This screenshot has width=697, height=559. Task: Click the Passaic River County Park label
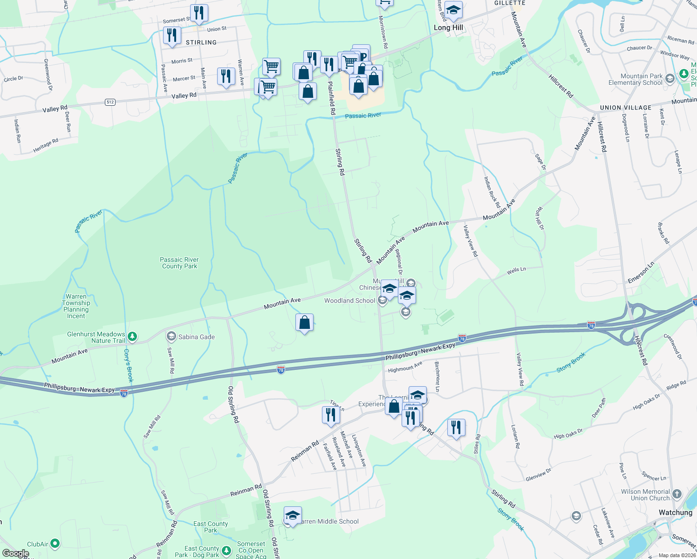point(179,263)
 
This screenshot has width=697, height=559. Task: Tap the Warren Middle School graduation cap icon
point(293,515)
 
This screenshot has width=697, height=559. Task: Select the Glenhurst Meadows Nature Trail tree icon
point(133,336)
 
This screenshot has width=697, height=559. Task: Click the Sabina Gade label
point(196,337)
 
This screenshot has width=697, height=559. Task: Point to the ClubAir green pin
point(55,543)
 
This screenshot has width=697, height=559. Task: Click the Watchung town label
point(675,512)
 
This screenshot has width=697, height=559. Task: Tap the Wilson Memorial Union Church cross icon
point(677,494)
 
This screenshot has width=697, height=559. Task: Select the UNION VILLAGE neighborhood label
point(625,108)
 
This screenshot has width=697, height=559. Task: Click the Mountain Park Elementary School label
point(641,79)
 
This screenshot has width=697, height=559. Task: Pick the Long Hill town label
point(448,27)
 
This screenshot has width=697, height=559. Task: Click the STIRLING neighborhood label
point(201,42)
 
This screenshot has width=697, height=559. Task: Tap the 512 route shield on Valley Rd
point(110,102)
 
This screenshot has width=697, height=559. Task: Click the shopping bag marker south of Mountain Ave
point(304,322)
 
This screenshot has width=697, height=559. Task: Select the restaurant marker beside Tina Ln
point(330,414)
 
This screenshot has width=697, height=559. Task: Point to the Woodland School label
point(349,300)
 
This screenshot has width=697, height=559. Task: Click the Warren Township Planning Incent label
point(76,306)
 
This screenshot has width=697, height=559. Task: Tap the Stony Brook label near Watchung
point(511,519)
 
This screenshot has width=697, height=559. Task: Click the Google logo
point(15,553)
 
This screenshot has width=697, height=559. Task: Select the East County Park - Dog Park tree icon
point(226,552)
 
